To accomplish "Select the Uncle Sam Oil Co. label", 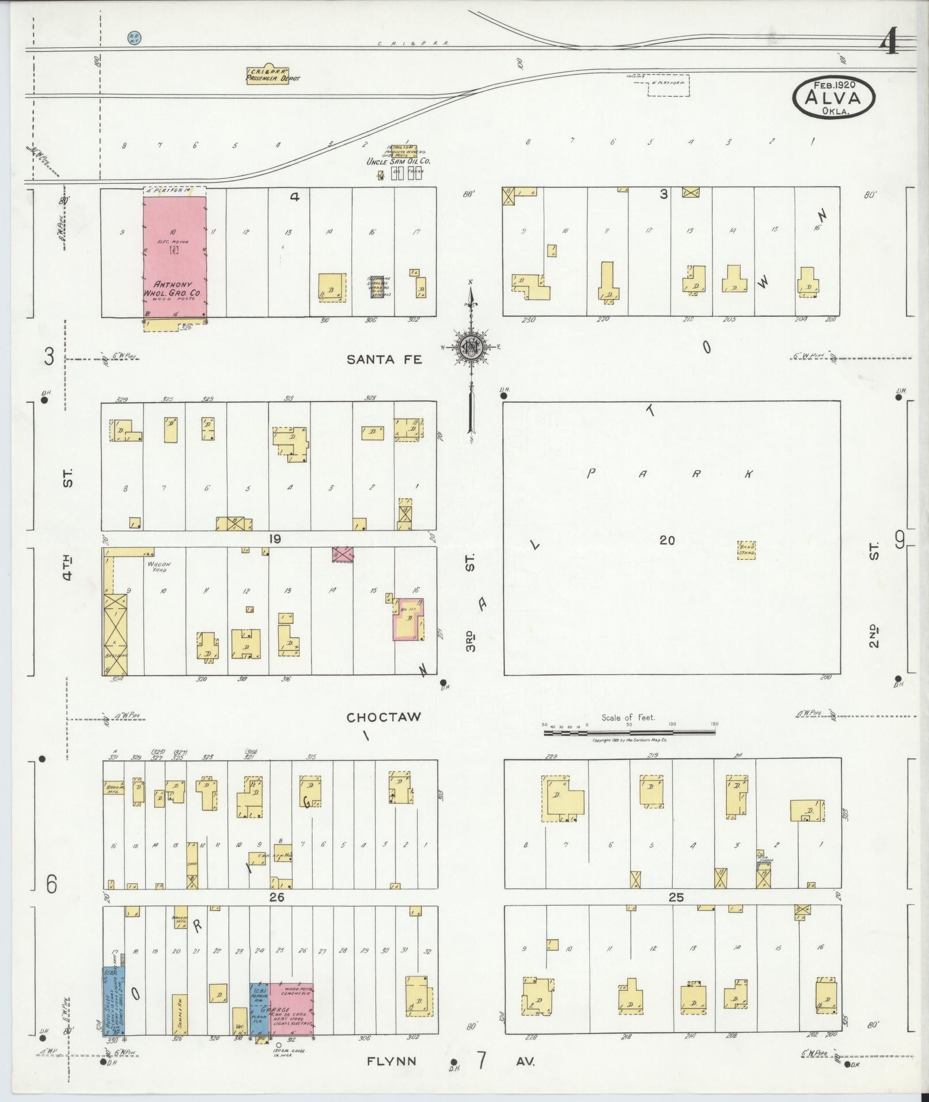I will pyautogui.click(x=398, y=162).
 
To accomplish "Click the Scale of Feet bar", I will pyautogui.click(x=630, y=733).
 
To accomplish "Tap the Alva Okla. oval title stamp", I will pyautogui.click(x=833, y=97).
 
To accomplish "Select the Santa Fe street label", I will pyautogui.click(x=384, y=359).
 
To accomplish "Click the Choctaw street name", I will pyautogui.click(x=384, y=717).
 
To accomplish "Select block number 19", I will pyautogui.click(x=274, y=539).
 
